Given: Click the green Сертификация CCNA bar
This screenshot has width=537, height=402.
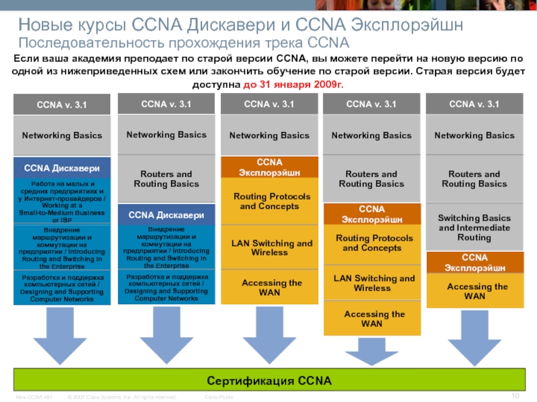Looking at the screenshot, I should (x=268, y=381).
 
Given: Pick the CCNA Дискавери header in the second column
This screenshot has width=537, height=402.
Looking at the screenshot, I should (x=166, y=215).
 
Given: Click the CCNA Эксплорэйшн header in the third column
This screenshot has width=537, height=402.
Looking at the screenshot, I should (x=269, y=167).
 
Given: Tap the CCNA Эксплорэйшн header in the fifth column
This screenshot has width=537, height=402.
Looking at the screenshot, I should (x=475, y=262).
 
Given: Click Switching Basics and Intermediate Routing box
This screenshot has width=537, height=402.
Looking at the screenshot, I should (x=475, y=228).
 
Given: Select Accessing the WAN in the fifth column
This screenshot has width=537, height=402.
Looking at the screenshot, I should (x=475, y=291).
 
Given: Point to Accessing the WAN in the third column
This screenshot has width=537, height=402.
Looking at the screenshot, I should (x=269, y=288).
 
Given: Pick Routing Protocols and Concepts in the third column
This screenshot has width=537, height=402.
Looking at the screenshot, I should (x=269, y=201).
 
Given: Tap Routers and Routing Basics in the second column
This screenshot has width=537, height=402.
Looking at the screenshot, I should (x=166, y=179).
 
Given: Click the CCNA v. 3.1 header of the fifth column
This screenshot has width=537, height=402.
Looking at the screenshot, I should (x=475, y=104).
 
